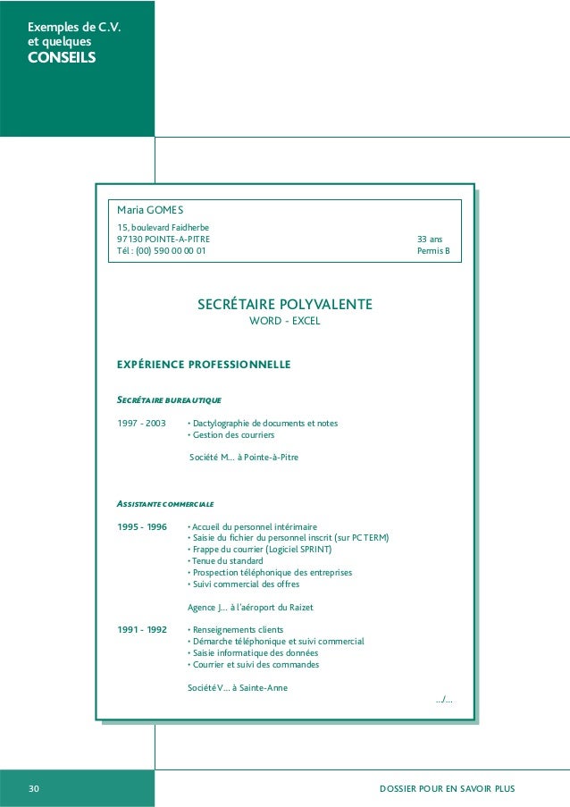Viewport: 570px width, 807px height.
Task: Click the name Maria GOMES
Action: coord(150,210)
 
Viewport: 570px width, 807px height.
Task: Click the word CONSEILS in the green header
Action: coord(61,59)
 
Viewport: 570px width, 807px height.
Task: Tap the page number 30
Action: coord(34,788)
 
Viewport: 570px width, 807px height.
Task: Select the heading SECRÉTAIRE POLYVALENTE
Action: coord(284,305)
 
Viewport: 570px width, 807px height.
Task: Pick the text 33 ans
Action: coord(430,240)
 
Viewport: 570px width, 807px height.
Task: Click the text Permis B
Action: coord(434,251)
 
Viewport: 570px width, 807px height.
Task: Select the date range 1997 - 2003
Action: coord(141,423)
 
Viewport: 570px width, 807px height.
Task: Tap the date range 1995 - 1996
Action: coord(142,526)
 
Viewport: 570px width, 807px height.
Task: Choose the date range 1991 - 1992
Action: coord(142,629)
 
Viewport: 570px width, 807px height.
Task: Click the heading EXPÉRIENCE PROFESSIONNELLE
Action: coord(204,365)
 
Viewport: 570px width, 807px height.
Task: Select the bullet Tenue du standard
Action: coord(219,561)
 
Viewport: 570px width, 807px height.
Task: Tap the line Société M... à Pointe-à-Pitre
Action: coord(245,458)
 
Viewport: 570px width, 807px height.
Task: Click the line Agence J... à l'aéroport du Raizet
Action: coord(250,607)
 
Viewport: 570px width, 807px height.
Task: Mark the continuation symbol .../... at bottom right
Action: coord(443,699)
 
